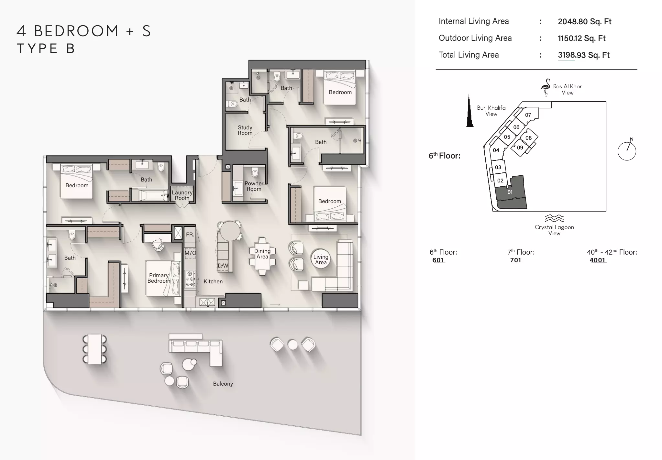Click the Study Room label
coord(245,130)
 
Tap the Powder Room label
coord(254,186)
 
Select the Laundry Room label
coord(182,195)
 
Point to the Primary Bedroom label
coord(159,278)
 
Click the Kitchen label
coord(213,281)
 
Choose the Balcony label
coord(223,384)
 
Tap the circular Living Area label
coord(321,259)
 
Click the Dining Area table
coord(262,257)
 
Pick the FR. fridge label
coord(190,235)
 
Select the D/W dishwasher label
coord(223,266)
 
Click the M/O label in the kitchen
coord(190,253)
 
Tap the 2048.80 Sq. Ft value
coord(585,22)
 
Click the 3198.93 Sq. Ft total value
coord(584,55)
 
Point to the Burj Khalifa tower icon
coord(469,111)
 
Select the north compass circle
coord(627,151)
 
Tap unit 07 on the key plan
coord(528,115)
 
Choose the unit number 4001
coord(597,260)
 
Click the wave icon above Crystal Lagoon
coord(554,218)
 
